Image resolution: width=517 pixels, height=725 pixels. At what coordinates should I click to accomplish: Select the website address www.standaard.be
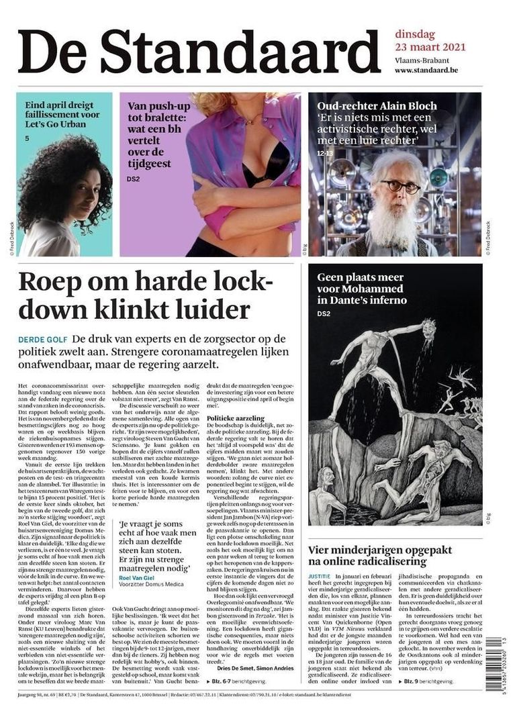[x=436, y=70]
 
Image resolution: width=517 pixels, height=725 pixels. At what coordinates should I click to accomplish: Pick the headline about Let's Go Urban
[x=62, y=115]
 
